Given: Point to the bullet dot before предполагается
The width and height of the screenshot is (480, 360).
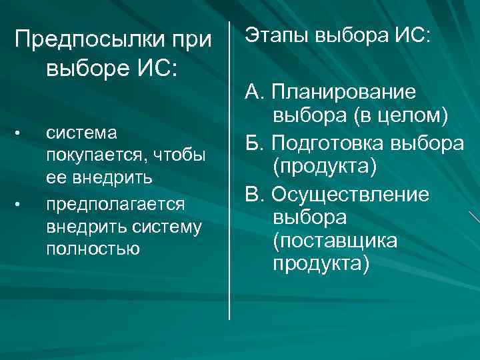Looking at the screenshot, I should click(20, 202).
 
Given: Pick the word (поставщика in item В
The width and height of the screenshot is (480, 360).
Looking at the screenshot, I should click(334, 240).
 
